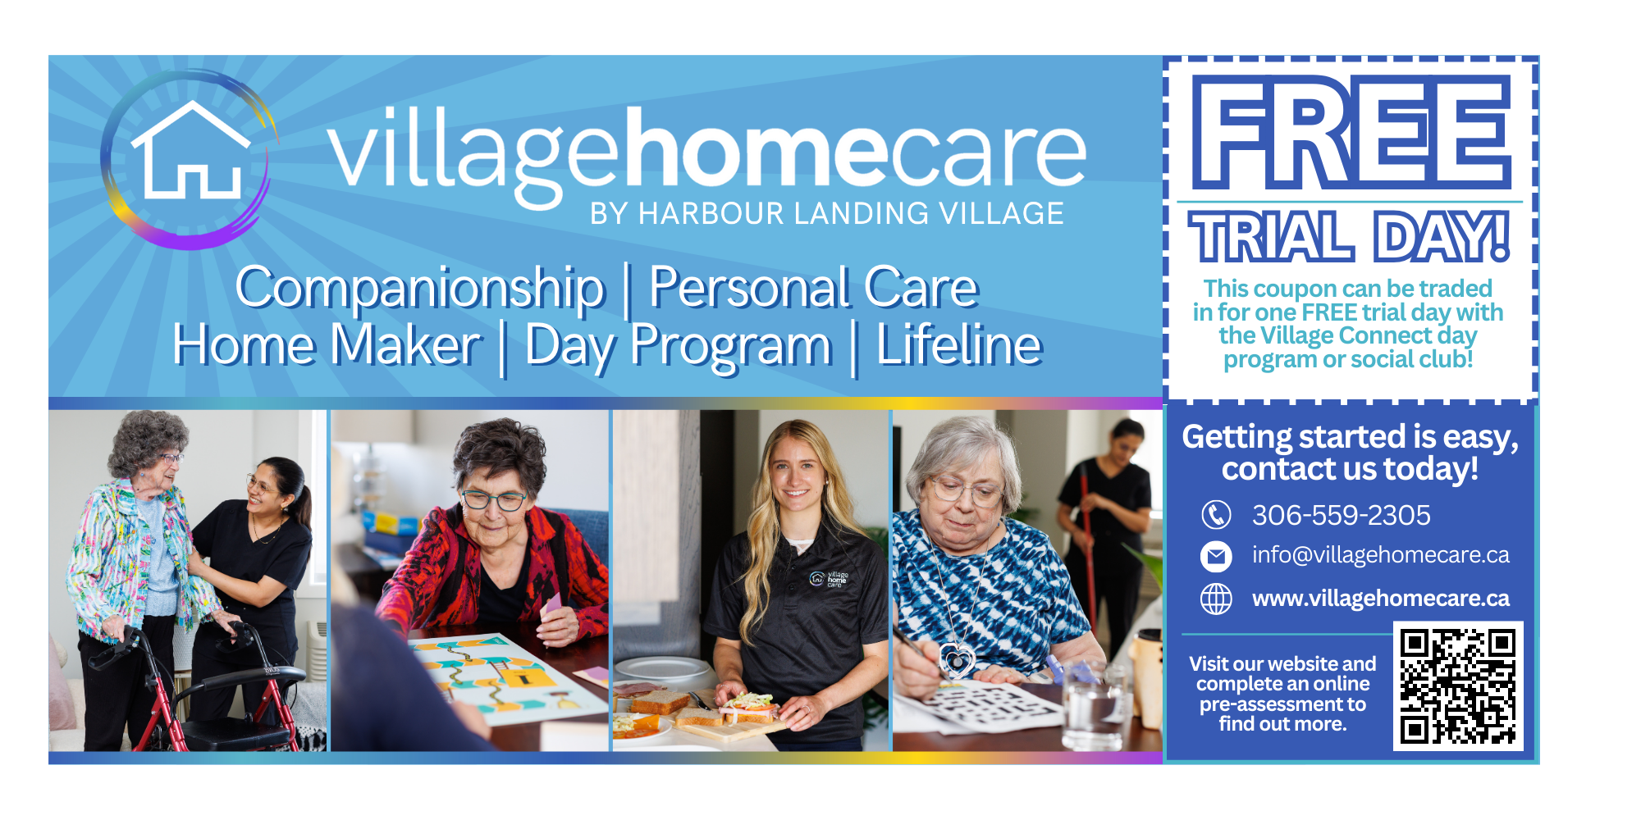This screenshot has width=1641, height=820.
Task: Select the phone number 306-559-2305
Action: (x=1341, y=515)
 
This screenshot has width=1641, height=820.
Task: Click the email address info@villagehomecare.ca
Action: (x=1380, y=555)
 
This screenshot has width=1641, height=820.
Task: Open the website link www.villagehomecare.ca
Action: (x=1380, y=599)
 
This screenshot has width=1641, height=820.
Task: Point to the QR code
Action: (x=1458, y=686)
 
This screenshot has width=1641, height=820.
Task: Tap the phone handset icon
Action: (x=1216, y=515)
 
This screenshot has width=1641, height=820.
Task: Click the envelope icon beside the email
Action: (x=1216, y=556)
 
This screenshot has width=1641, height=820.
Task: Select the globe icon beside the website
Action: (x=1216, y=599)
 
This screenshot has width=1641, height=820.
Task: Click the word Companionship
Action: (x=420, y=289)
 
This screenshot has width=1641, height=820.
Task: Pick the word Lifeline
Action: (x=959, y=344)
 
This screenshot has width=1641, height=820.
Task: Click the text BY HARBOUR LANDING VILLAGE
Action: (x=827, y=214)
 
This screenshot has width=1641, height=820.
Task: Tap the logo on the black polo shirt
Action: (x=829, y=579)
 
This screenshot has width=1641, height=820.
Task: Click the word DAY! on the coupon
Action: (x=1442, y=237)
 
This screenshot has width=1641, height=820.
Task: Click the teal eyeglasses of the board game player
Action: (x=493, y=499)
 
